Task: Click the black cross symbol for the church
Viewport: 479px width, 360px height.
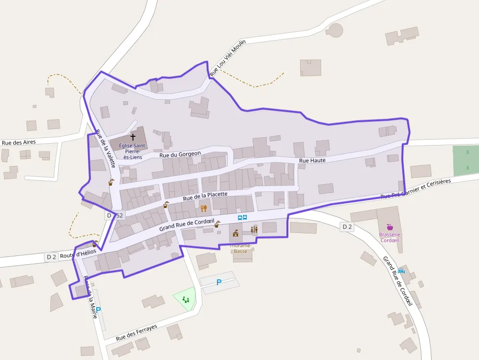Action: coord(133,137)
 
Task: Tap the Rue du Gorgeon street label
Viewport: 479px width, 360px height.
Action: coord(181,154)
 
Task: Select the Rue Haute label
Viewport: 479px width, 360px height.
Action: coord(312,160)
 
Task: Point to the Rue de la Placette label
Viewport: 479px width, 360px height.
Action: coord(205,196)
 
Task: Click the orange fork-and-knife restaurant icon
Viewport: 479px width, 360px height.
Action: coord(204,209)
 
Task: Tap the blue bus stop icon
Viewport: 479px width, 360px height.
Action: coord(242,217)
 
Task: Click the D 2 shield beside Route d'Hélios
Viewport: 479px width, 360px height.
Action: coord(52,256)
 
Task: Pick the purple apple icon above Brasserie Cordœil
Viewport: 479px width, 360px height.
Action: coord(390,227)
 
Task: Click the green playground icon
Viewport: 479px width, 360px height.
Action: coord(186,299)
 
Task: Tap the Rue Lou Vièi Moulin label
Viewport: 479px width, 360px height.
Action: coord(227,58)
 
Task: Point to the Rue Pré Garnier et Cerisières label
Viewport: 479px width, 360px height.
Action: coord(415,189)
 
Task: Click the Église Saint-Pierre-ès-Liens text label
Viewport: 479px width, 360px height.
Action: coord(132,151)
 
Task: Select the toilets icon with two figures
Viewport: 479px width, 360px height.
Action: coord(254,230)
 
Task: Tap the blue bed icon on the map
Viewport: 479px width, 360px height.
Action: coord(401,271)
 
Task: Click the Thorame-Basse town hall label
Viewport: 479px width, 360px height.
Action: coord(240,248)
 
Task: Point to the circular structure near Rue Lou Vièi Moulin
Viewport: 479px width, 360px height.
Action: coord(335,30)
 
